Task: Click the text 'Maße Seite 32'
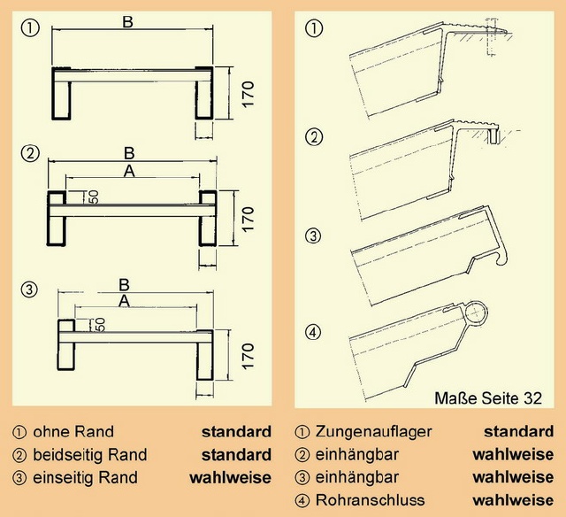tap(488, 398)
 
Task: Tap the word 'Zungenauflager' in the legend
tap(373, 432)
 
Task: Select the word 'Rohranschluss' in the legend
tap(370, 500)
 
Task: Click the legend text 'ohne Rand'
tap(73, 432)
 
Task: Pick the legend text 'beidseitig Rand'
tap(90, 455)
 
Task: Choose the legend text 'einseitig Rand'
tap(85, 478)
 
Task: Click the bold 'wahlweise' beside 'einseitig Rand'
tap(230, 478)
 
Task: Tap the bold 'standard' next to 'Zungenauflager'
tap(519, 432)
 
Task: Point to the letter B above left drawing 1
tap(127, 22)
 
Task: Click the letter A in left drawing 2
tap(129, 171)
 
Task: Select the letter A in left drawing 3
tap(124, 301)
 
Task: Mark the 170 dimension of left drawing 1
tap(249, 95)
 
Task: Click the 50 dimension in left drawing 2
tap(94, 197)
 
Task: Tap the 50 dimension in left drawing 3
tap(100, 324)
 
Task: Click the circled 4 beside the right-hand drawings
tap(313, 332)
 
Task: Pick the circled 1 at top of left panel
tap(30, 28)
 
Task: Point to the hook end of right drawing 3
tap(501, 259)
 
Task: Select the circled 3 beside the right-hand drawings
tap(313, 236)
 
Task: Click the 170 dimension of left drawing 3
tap(249, 356)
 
